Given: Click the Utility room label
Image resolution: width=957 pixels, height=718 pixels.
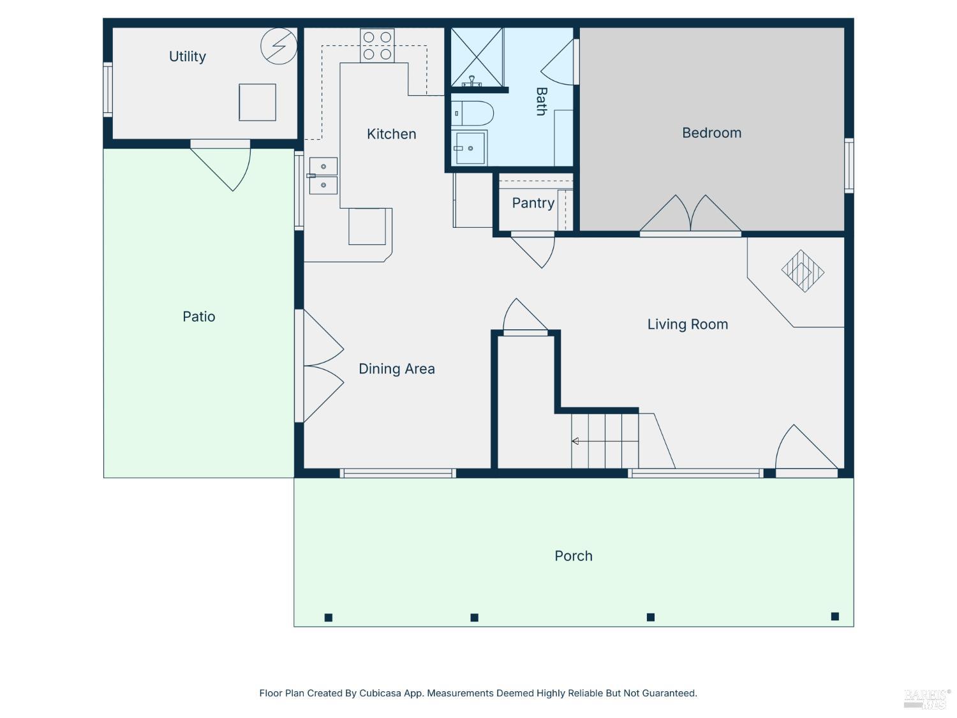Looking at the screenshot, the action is [187, 56].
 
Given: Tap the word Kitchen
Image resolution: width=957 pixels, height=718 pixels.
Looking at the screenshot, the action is [391, 134].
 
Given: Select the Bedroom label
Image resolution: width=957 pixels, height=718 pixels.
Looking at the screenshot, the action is [711, 133].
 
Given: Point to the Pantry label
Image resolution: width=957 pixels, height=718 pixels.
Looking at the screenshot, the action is [533, 203].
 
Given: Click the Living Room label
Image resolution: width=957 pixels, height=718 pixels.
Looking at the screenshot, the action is [687, 324].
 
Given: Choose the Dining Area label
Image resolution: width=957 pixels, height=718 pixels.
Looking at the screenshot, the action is [396, 369].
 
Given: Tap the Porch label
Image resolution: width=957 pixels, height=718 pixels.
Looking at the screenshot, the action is [573, 556].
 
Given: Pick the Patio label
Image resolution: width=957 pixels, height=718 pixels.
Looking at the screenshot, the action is [198, 317].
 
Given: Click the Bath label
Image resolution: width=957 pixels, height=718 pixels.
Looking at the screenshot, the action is [541, 101].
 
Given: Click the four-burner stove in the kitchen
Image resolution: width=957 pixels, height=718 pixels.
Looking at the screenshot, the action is [377, 45].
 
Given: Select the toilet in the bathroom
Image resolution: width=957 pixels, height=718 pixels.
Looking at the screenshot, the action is [472, 114].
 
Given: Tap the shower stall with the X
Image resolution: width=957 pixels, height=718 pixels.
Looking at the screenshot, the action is [477, 57].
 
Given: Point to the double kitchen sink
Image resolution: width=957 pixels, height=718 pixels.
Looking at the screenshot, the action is [323, 176].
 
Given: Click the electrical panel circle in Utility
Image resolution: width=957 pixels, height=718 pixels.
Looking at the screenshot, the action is [279, 46].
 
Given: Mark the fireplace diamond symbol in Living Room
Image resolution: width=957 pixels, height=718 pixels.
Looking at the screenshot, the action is [802, 271].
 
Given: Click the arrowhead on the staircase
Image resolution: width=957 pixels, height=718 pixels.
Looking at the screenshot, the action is [575, 441].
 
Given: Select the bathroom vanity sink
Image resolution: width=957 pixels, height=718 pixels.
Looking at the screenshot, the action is [469, 148].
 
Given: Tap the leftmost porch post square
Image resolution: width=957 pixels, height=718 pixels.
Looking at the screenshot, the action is [329, 617].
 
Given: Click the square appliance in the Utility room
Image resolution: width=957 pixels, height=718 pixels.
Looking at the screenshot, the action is [257, 102].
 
